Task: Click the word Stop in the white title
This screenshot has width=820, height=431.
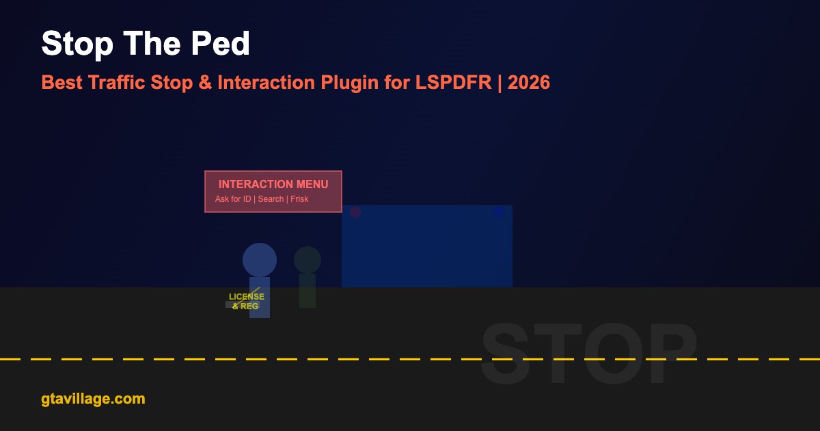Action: pos(77,44)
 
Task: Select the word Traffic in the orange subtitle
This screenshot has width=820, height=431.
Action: pos(117,82)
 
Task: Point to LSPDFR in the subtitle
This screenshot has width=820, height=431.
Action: pos(454,82)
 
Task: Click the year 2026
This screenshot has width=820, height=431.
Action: pos(529,82)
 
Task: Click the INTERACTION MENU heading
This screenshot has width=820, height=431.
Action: pos(273,184)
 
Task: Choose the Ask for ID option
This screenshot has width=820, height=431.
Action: pos(233,199)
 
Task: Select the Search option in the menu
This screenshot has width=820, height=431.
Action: pos(271,199)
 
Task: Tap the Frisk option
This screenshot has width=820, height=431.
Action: pos(299,199)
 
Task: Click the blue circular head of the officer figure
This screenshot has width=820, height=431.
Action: pos(260,260)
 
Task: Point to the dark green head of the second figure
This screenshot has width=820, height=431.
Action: pos(307,260)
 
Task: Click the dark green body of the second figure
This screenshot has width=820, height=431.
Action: pos(307,291)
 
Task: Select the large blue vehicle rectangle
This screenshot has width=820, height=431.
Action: pos(427,246)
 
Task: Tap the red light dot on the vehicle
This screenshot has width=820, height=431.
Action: pos(355,212)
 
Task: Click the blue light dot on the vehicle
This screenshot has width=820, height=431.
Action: pos(499,212)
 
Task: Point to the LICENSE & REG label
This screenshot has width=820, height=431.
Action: pos(247,301)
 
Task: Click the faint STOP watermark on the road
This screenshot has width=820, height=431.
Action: pos(589,353)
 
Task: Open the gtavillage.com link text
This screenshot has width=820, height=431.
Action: pos(93,399)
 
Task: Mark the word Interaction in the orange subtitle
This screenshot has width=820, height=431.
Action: pos(266,82)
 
